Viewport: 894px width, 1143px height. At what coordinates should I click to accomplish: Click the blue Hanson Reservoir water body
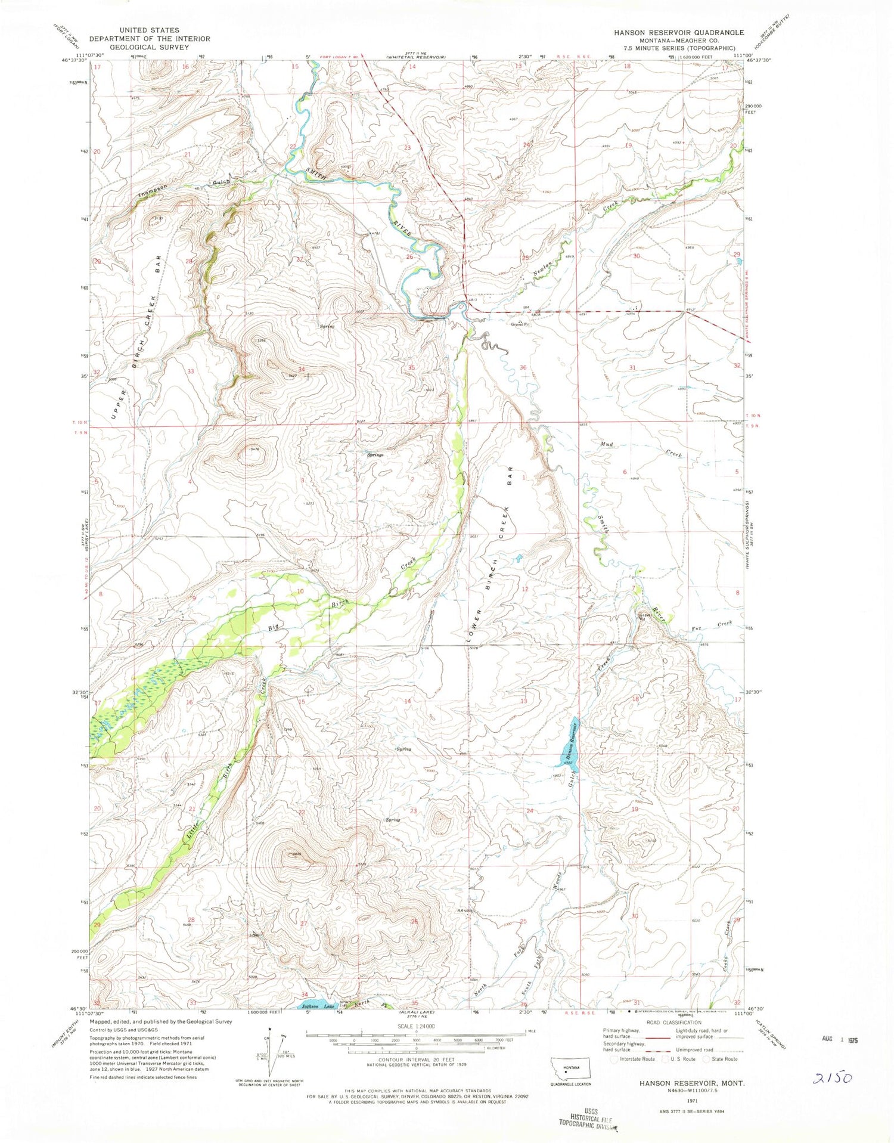pos(569,745)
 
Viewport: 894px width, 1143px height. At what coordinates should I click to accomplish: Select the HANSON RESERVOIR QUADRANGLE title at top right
pos(679,32)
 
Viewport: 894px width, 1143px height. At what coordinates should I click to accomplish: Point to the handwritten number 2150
pos(833,1077)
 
